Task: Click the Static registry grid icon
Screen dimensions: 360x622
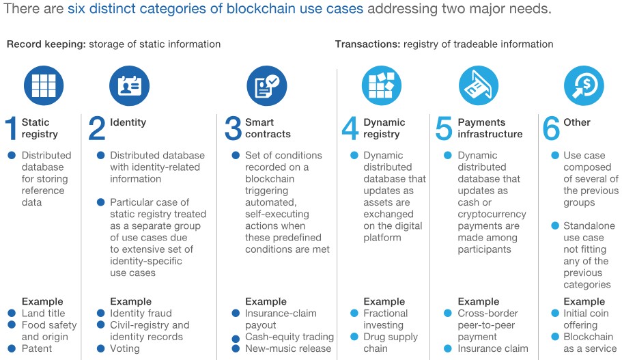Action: [44, 85]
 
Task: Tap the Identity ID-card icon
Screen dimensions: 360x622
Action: [129, 85]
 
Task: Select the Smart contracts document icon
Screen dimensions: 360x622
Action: [266, 85]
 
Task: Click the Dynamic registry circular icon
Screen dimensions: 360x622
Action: [381, 85]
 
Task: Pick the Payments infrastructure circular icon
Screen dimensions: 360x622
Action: [479, 85]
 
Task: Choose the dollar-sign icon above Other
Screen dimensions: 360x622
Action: [584, 85]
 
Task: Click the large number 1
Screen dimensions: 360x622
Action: [11, 129]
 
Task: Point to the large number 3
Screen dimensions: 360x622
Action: [234, 129]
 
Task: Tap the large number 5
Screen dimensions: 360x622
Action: [444, 129]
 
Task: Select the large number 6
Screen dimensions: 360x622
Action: [550, 129]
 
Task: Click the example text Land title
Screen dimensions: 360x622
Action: [44, 314]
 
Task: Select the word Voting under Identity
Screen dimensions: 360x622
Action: [125, 348]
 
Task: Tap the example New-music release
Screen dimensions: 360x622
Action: [287, 348]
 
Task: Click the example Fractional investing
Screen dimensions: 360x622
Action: [385, 319]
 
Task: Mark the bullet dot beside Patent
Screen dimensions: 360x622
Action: [12, 348]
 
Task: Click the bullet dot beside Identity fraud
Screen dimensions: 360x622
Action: [101, 314]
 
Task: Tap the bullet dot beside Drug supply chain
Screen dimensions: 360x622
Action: [354, 337]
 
